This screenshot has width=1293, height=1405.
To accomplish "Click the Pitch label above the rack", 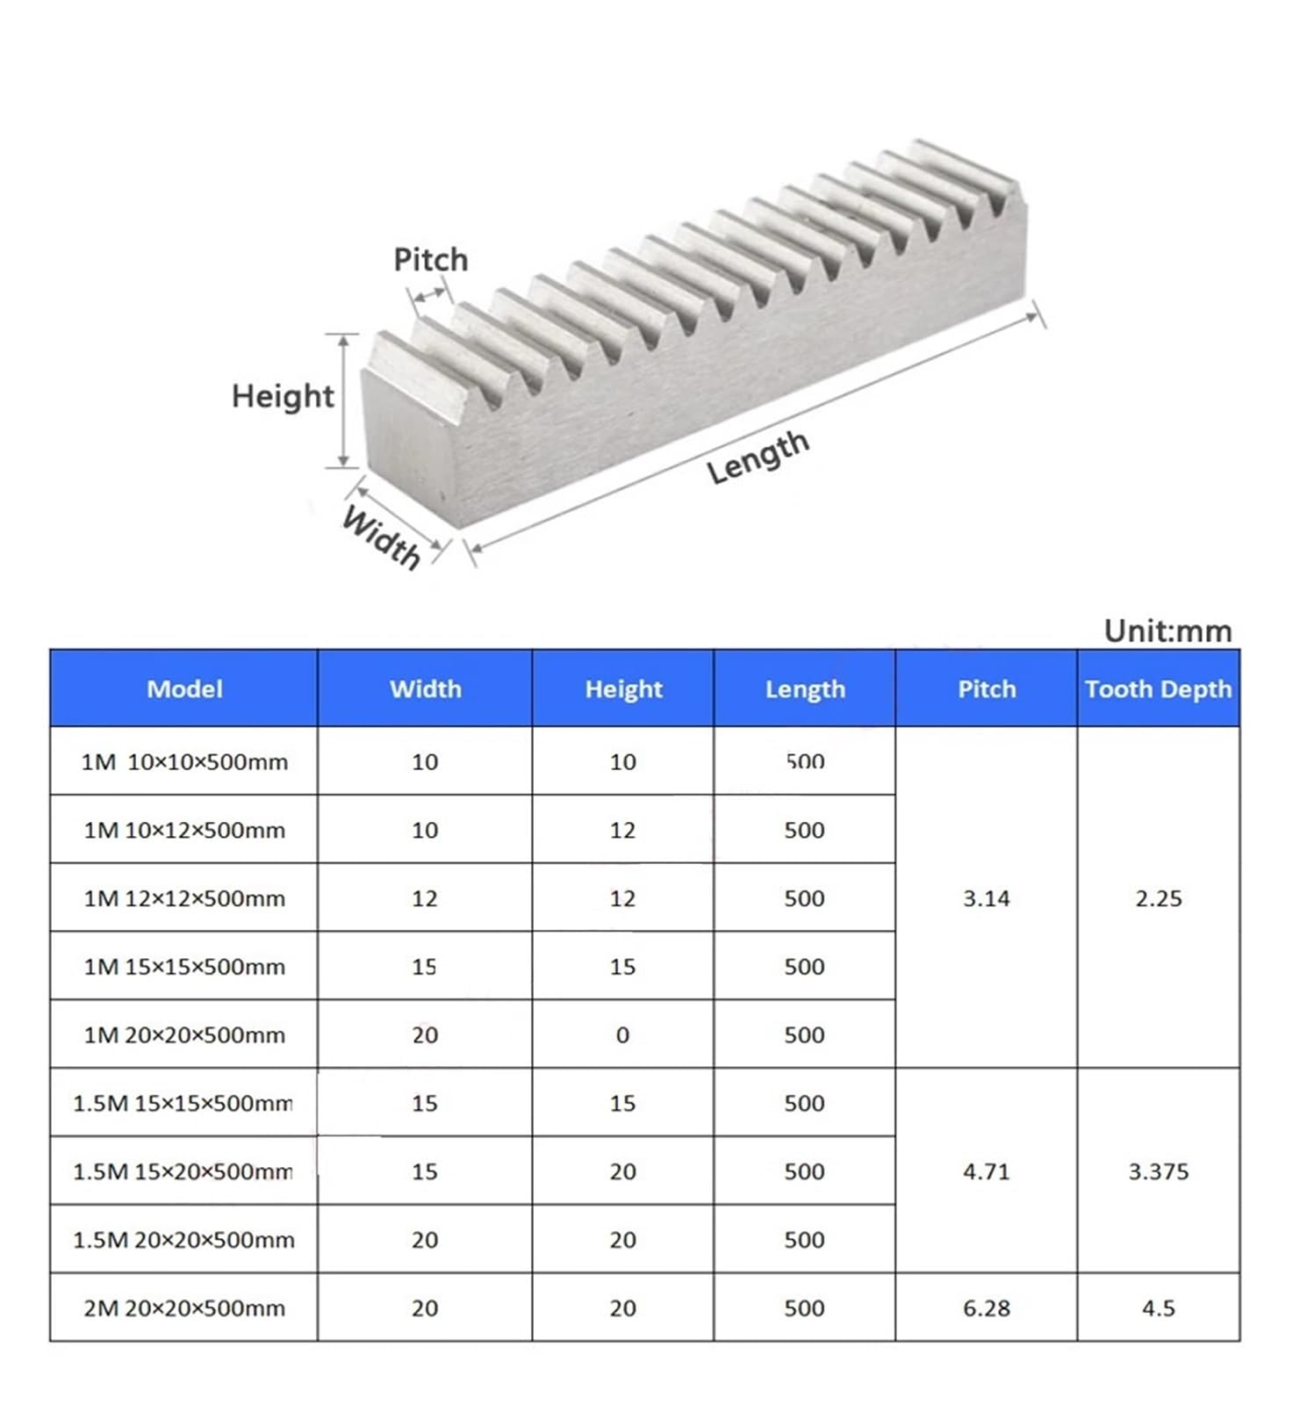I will click(430, 260).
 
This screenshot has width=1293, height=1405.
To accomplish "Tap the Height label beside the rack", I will click(283, 396).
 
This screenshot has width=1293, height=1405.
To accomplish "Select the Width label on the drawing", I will click(382, 537).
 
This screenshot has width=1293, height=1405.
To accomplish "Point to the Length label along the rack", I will click(758, 458).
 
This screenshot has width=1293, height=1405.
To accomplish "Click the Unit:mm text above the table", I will click(1167, 630).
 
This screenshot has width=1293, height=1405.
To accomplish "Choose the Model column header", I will click(184, 689).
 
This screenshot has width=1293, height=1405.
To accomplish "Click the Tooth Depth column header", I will click(1158, 689).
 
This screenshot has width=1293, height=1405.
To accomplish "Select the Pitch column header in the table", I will click(987, 689).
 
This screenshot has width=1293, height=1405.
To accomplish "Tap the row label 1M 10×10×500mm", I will click(184, 762).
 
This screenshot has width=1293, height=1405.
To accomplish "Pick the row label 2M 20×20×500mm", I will click(184, 1308).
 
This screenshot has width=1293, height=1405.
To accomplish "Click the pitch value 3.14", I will click(987, 898).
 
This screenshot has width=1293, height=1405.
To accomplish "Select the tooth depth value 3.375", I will click(1158, 1171).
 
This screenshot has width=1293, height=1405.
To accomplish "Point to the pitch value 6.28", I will click(987, 1308).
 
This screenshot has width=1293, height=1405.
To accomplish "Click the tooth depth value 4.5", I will click(1158, 1308).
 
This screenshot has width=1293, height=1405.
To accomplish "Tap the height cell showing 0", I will click(622, 1035).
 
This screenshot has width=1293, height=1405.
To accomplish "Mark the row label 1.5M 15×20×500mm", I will click(183, 1171).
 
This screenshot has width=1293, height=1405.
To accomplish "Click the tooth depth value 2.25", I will click(1158, 898).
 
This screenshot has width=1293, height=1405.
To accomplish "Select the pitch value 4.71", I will click(987, 1171).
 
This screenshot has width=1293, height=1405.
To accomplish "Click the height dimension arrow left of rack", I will click(344, 400).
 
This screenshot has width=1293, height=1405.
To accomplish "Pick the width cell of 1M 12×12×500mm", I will click(425, 898).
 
